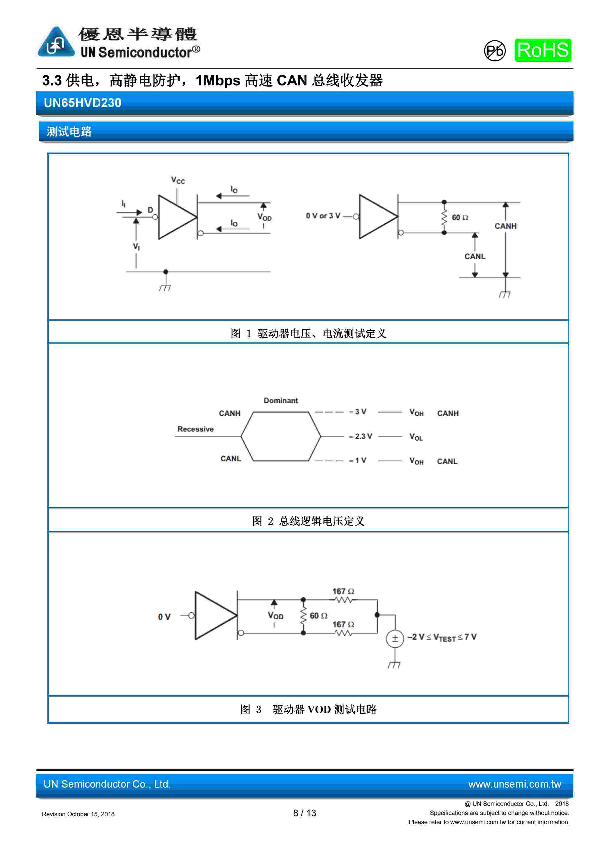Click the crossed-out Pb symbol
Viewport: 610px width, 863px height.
pos(494,51)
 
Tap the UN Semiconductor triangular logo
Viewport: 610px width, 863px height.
pos(56,42)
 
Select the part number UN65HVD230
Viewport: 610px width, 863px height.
pos(83,103)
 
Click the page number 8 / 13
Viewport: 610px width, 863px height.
pos(305,813)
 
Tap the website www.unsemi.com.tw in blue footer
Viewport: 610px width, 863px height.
pos(514,784)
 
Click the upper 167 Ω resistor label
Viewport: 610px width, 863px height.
pos(343,592)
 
